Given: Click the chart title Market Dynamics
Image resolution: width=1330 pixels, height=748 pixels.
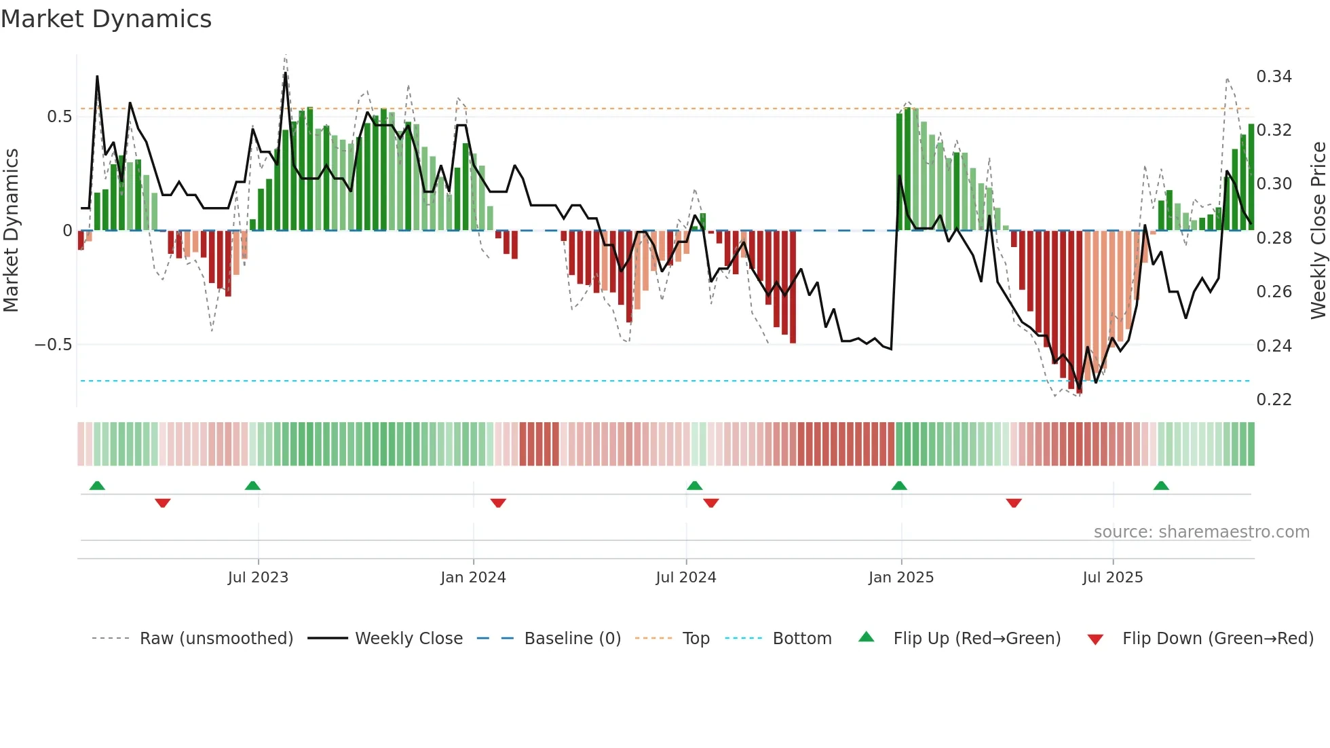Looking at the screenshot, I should click(107, 19).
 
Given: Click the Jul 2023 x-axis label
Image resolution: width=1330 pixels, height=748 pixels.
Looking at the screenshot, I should click(258, 578).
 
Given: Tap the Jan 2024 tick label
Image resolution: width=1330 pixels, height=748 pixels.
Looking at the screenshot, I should click(473, 578).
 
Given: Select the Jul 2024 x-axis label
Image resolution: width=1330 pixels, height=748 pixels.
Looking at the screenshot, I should click(685, 578).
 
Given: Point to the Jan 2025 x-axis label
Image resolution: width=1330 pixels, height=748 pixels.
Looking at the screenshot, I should click(900, 578).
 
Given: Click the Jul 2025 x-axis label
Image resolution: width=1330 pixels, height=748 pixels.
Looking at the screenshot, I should click(1112, 578).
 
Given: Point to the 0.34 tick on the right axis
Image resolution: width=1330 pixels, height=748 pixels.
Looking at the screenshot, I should click(1274, 77).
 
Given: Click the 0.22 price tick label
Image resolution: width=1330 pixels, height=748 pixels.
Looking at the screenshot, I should click(1274, 400).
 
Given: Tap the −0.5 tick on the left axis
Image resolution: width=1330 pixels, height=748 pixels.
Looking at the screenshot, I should click(53, 345).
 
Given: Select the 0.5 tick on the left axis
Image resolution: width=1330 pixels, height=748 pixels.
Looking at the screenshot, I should click(59, 117).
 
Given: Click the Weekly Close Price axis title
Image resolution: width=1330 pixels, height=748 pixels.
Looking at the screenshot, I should click(1318, 231).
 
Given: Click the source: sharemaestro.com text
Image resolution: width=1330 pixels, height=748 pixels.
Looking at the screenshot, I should click(1201, 532).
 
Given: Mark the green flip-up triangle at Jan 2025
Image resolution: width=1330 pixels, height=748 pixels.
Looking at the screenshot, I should click(899, 486).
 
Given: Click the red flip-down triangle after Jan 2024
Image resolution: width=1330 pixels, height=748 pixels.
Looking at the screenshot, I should click(498, 503).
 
